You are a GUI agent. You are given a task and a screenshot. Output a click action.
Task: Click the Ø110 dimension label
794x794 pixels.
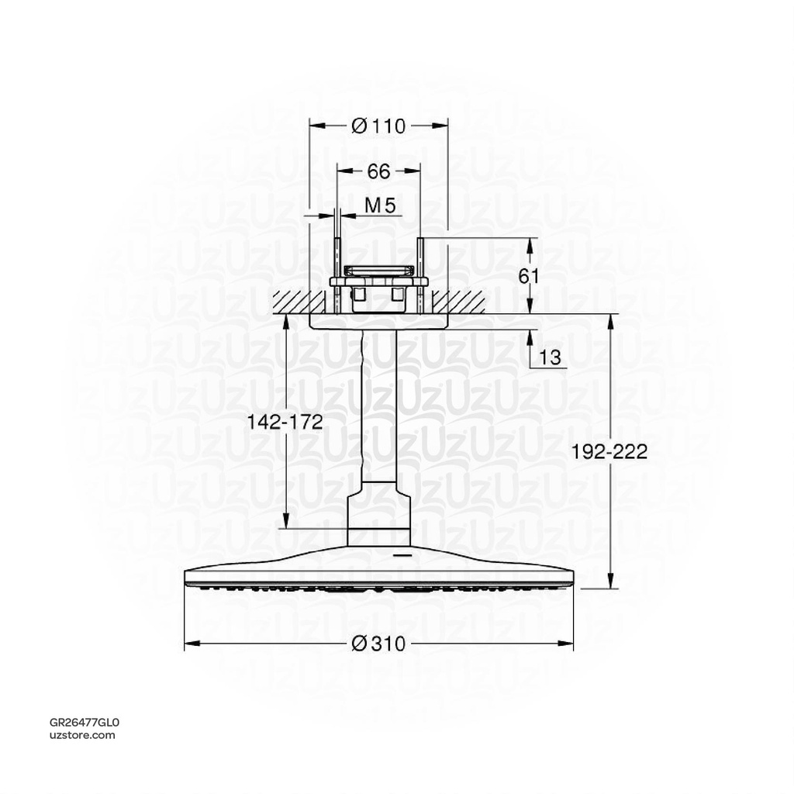pyautogui.click(x=378, y=126)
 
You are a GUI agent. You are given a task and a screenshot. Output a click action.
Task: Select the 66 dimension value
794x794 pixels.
pyautogui.click(x=378, y=171)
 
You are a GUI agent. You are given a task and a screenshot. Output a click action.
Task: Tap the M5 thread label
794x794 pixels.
pyautogui.click(x=381, y=205)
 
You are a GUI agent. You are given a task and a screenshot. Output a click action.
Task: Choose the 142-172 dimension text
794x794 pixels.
pyautogui.click(x=285, y=421)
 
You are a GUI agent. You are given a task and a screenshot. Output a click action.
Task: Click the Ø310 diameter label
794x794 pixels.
pyautogui.click(x=378, y=644)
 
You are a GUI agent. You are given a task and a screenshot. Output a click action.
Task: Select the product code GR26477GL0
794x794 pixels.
pyautogui.click(x=85, y=721)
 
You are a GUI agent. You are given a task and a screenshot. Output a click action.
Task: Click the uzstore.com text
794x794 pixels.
pyautogui.click(x=82, y=734)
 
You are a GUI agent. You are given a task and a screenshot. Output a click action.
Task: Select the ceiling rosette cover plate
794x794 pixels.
pyautogui.click(x=379, y=322)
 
